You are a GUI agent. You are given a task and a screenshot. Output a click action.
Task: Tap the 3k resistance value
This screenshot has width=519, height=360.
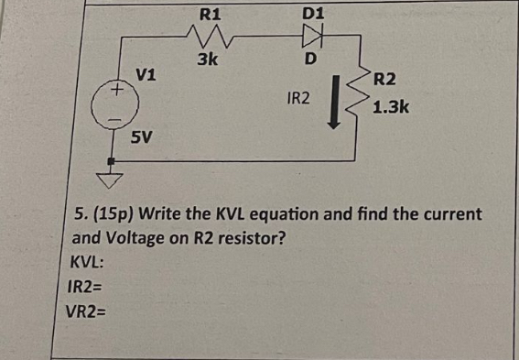coord(207,61)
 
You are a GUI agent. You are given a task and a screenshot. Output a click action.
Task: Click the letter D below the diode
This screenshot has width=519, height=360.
coord(310,60)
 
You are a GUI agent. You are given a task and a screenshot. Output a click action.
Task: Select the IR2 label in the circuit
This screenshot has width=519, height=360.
coord(299,96)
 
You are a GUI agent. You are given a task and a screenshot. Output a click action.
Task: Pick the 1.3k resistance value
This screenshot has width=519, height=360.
coord(391,108)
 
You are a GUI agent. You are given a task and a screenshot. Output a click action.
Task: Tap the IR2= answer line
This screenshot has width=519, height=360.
coord(87,287)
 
